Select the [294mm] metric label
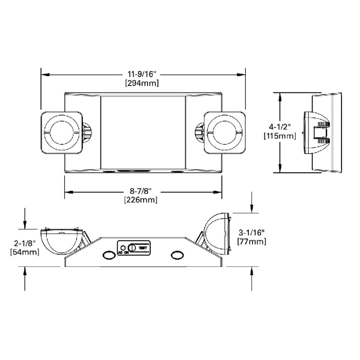(142, 83)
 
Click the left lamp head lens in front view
(61, 132)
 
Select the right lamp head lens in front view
(224, 132)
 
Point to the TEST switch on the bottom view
(139, 247)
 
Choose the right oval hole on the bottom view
(177, 256)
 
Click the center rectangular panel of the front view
(143, 132)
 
